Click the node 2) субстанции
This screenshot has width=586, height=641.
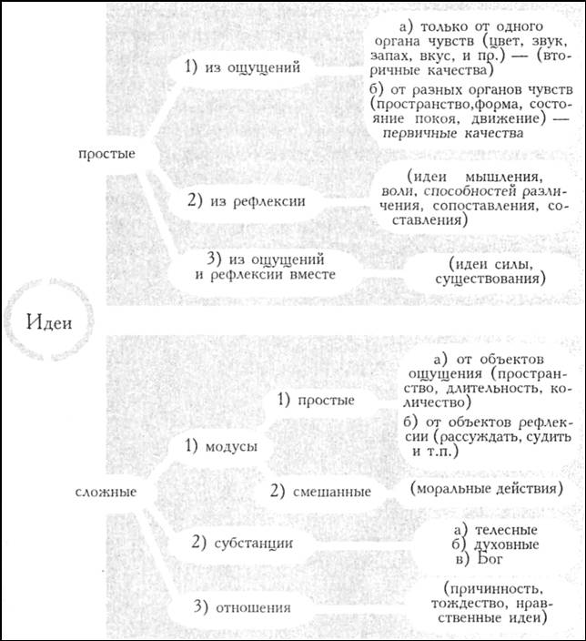click(x=241, y=544)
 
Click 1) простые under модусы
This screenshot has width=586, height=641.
click(x=316, y=400)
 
